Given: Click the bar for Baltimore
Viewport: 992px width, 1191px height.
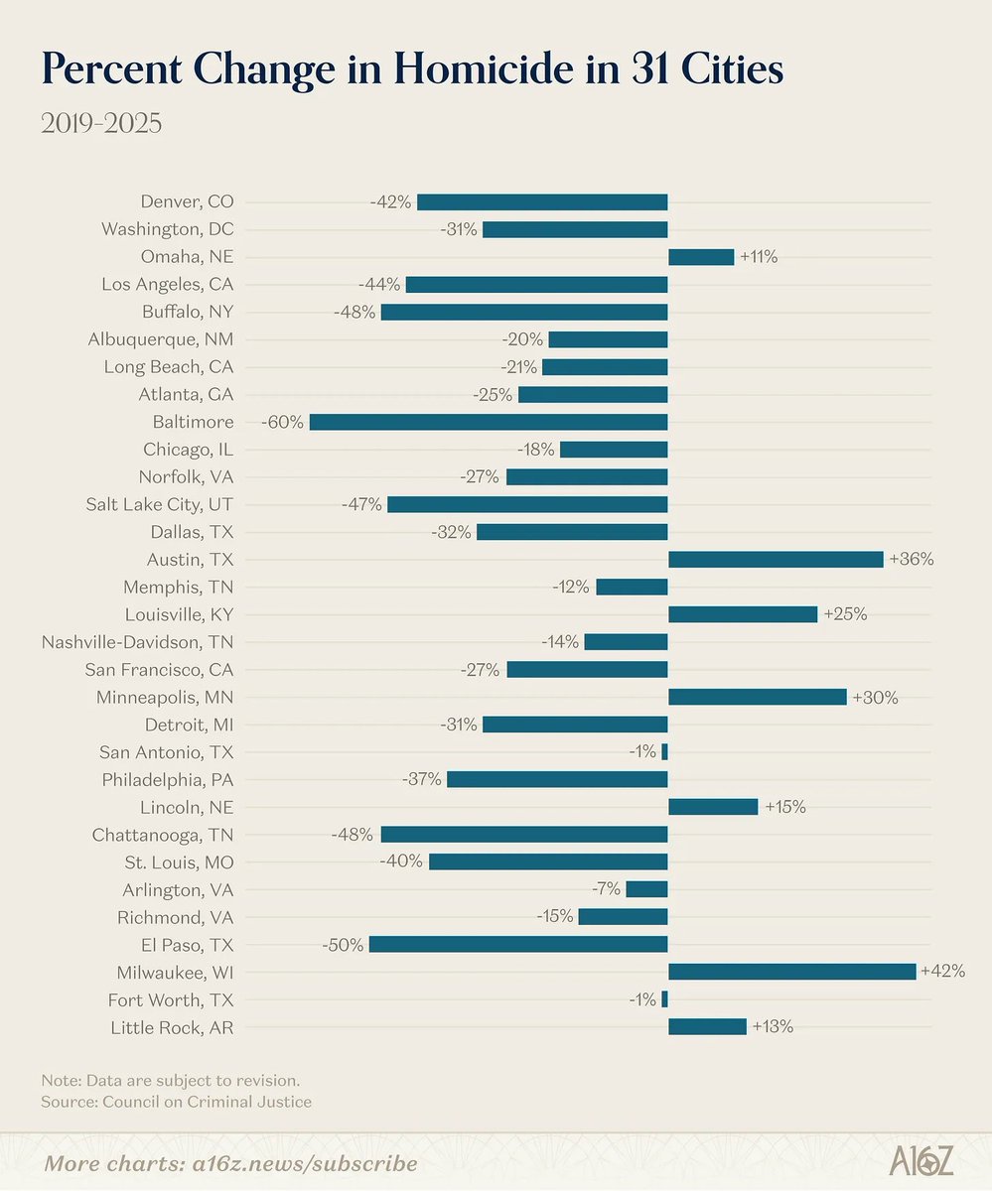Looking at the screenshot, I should [489, 422].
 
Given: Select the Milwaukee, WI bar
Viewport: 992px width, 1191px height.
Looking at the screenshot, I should [791, 972].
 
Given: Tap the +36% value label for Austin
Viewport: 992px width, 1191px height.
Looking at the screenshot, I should [912, 559].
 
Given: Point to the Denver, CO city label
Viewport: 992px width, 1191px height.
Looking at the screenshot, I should [187, 201].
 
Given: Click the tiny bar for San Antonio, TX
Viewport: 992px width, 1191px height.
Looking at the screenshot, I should [664, 751].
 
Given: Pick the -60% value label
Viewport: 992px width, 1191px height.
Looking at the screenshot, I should [282, 422].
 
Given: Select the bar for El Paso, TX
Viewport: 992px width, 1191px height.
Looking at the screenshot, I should [517, 944].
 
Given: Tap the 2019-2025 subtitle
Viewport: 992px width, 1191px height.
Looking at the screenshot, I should [100, 125].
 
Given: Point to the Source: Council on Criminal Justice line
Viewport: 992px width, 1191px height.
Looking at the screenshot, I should [176, 1102].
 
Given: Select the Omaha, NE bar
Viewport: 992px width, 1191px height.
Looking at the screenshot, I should [701, 257].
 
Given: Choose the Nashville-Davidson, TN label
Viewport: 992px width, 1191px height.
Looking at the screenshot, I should [138, 641].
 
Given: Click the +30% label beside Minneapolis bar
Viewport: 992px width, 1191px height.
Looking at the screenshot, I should [876, 697].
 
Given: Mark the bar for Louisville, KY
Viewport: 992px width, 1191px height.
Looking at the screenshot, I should [742, 614].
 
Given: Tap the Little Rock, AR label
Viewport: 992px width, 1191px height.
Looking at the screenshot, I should [173, 1027].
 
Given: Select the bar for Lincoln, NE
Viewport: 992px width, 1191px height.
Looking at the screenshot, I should [713, 807].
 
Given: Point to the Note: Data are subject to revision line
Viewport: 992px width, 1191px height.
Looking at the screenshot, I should [170, 1079].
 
